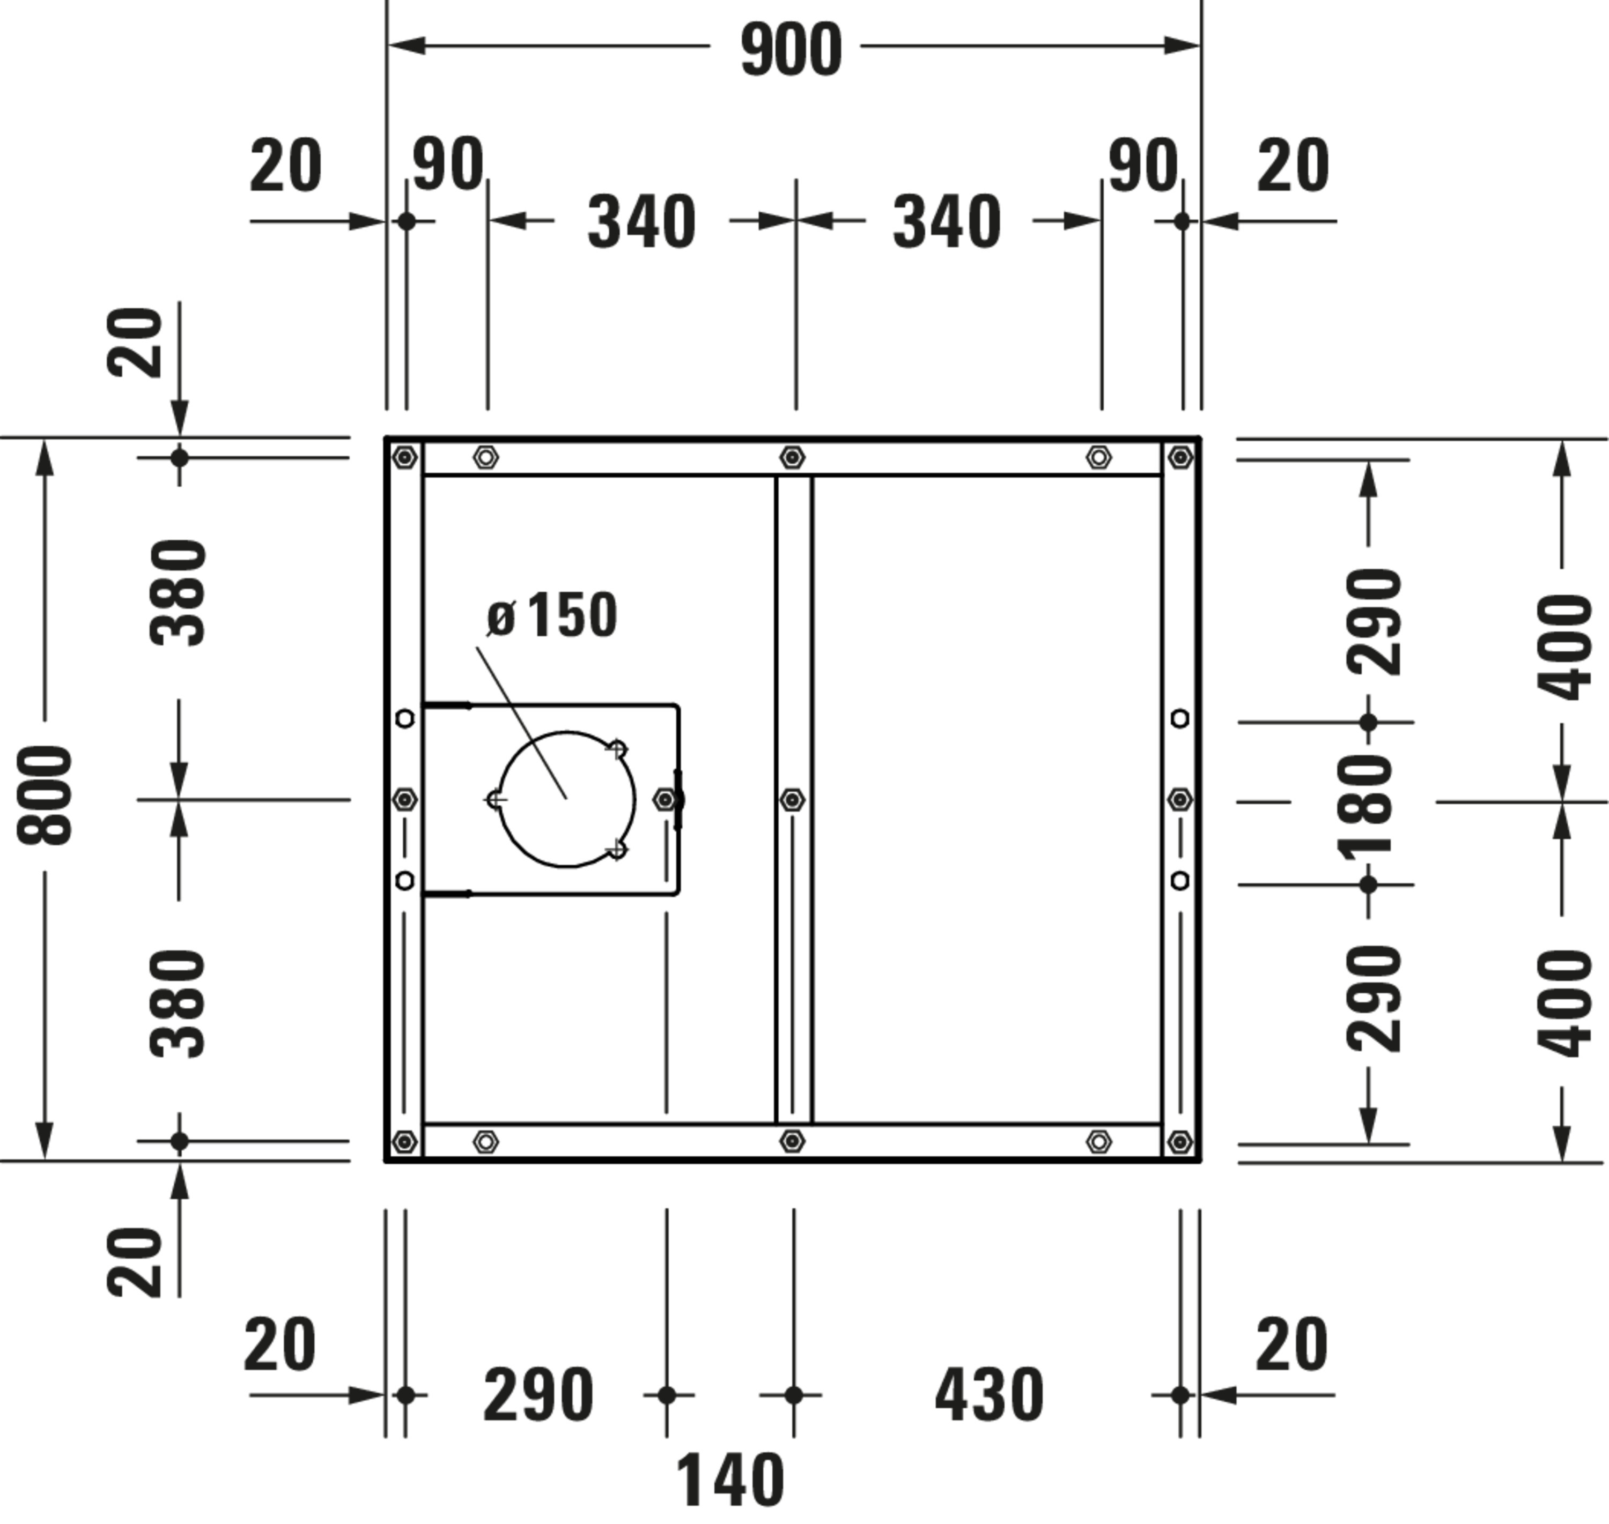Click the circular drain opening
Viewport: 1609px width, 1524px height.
pos(566,799)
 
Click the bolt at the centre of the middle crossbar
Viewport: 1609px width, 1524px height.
pos(792,800)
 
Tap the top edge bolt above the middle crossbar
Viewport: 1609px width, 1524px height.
pos(792,457)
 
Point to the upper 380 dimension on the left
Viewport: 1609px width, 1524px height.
pos(179,592)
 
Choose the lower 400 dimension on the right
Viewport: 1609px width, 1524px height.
pos(1563,1003)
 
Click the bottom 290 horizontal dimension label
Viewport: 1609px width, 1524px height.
pos(538,1395)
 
